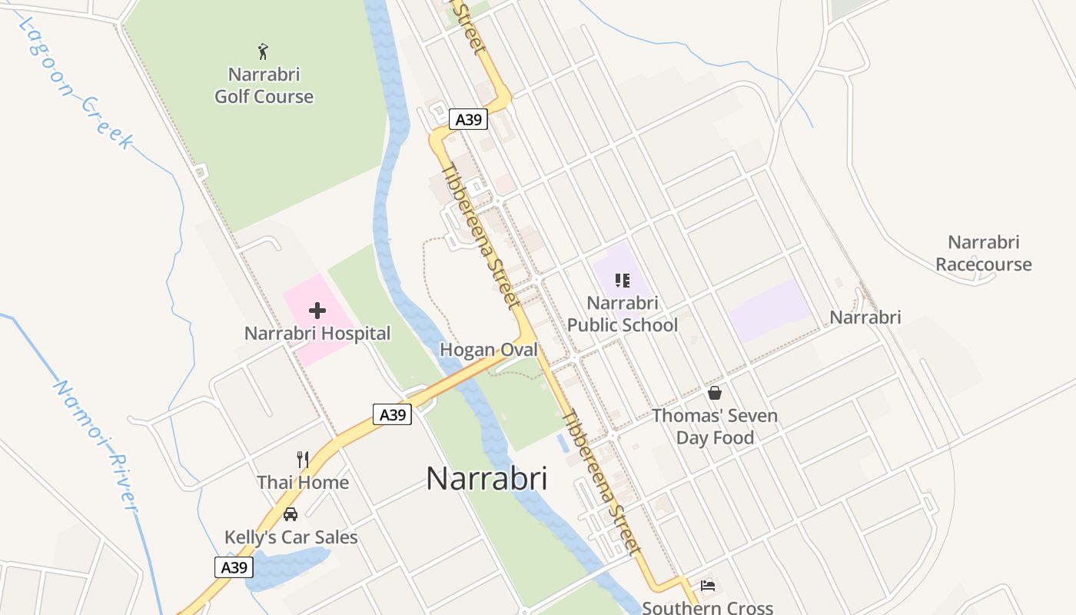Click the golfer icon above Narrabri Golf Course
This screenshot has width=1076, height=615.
[x=264, y=52]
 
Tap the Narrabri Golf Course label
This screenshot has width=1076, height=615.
[x=264, y=85]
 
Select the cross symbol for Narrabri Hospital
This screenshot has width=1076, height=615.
[x=317, y=311]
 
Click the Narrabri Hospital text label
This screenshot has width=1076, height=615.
[x=317, y=334]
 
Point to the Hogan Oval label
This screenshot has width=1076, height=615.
[x=488, y=350]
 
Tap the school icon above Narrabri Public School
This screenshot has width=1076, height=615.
[x=623, y=281]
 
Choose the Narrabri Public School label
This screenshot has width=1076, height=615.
[x=623, y=314]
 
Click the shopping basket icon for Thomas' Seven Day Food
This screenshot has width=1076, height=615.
[x=715, y=394]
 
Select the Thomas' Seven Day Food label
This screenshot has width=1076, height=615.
[x=715, y=427]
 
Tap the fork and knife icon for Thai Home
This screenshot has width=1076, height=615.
[x=303, y=460]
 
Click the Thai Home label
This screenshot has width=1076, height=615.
[x=303, y=483]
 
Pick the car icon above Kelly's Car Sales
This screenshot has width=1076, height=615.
[x=291, y=514]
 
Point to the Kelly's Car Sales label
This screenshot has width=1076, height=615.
[x=291, y=537]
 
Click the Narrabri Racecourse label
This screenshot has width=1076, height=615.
[x=984, y=253]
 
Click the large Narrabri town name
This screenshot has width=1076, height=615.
[x=487, y=478]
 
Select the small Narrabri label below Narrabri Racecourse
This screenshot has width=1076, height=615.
[x=865, y=317]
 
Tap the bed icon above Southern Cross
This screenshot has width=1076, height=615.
[x=708, y=586]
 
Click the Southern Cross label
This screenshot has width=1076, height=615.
[x=707, y=607]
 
